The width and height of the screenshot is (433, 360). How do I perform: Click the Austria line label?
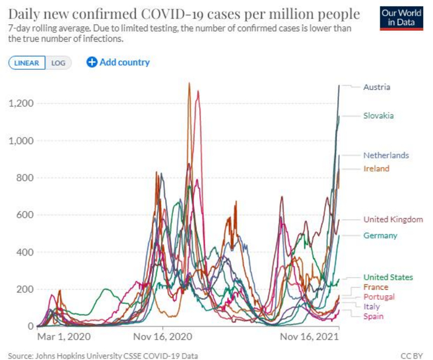pos(377,87)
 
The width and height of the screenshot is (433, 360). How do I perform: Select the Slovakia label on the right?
pos(379,116)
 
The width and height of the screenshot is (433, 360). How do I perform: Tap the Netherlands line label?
pos(386,155)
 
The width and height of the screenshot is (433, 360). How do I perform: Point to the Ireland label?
pos(376,168)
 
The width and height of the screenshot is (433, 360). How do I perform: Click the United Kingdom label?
pos(393,220)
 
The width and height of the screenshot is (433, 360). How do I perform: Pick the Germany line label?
pos(380,236)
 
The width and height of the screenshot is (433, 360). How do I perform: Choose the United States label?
pos(388,277)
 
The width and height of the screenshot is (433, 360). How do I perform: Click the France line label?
pos(376,287)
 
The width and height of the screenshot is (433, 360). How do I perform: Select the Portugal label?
pos(379,297)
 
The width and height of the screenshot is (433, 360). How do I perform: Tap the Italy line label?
pos(372,307)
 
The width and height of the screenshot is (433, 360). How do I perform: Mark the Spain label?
pos(374,317)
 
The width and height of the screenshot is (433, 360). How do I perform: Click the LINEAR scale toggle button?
pos(27,62)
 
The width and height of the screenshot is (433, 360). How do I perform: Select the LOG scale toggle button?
pos(58,62)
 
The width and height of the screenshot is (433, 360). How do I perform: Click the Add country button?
pos(118,62)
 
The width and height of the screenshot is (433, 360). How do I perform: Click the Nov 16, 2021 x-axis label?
pos(306,338)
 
